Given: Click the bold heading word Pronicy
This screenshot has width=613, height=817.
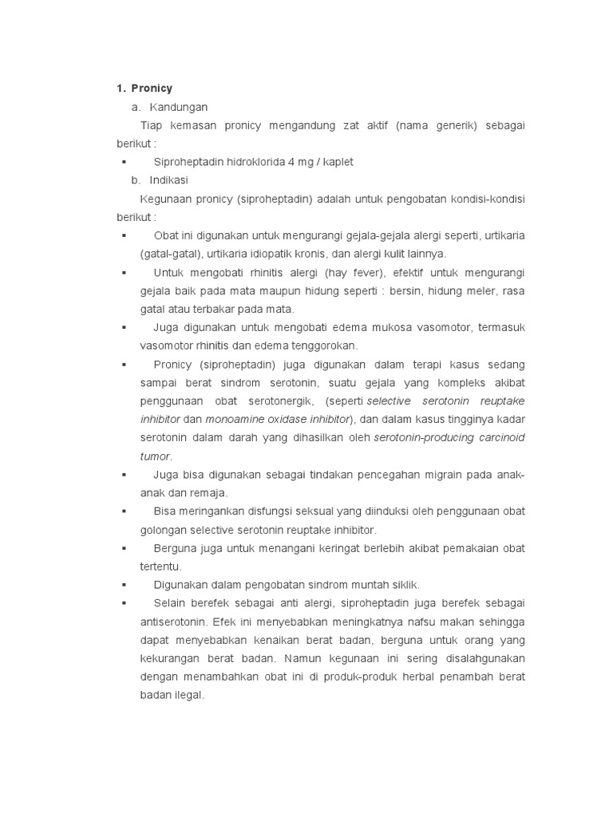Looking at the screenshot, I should point(152,89).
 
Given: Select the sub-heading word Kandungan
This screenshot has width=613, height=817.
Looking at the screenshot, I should point(184,107).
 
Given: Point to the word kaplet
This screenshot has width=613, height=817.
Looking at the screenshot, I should point(338,162).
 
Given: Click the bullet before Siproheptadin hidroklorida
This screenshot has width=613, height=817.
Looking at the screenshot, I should point(125,162).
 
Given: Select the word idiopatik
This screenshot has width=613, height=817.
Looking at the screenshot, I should point(279,254).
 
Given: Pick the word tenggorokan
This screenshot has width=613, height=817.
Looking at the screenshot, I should point(326,345).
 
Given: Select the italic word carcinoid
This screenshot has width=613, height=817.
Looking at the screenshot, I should point(499,437).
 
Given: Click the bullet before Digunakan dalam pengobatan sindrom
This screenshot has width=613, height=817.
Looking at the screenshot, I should point(125,585).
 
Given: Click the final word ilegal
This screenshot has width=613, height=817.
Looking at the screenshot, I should point(188,695).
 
